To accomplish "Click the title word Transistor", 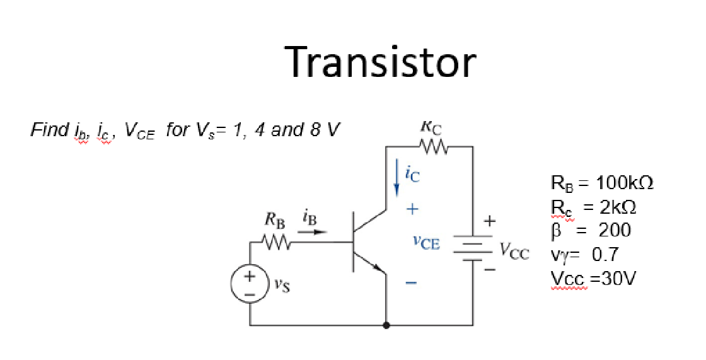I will click(x=381, y=62).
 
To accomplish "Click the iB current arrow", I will click(x=312, y=231).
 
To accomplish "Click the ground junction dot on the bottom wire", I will click(x=386, y=325).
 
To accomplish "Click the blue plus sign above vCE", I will click(x=410, y=208).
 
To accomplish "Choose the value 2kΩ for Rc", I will click(x=615, y=207).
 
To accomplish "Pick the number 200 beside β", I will click(x=615, y=230).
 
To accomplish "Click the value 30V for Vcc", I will click(x=615, y=278).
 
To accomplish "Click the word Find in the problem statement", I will click(x=50, y=131).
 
